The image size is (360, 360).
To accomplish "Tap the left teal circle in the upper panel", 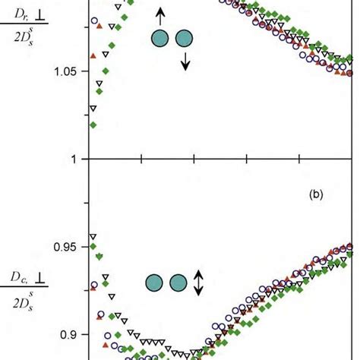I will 160,39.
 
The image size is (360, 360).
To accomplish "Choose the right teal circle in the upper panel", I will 185,39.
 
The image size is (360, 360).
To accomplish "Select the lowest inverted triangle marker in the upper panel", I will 93,109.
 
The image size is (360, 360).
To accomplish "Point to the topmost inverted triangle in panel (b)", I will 93,237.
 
